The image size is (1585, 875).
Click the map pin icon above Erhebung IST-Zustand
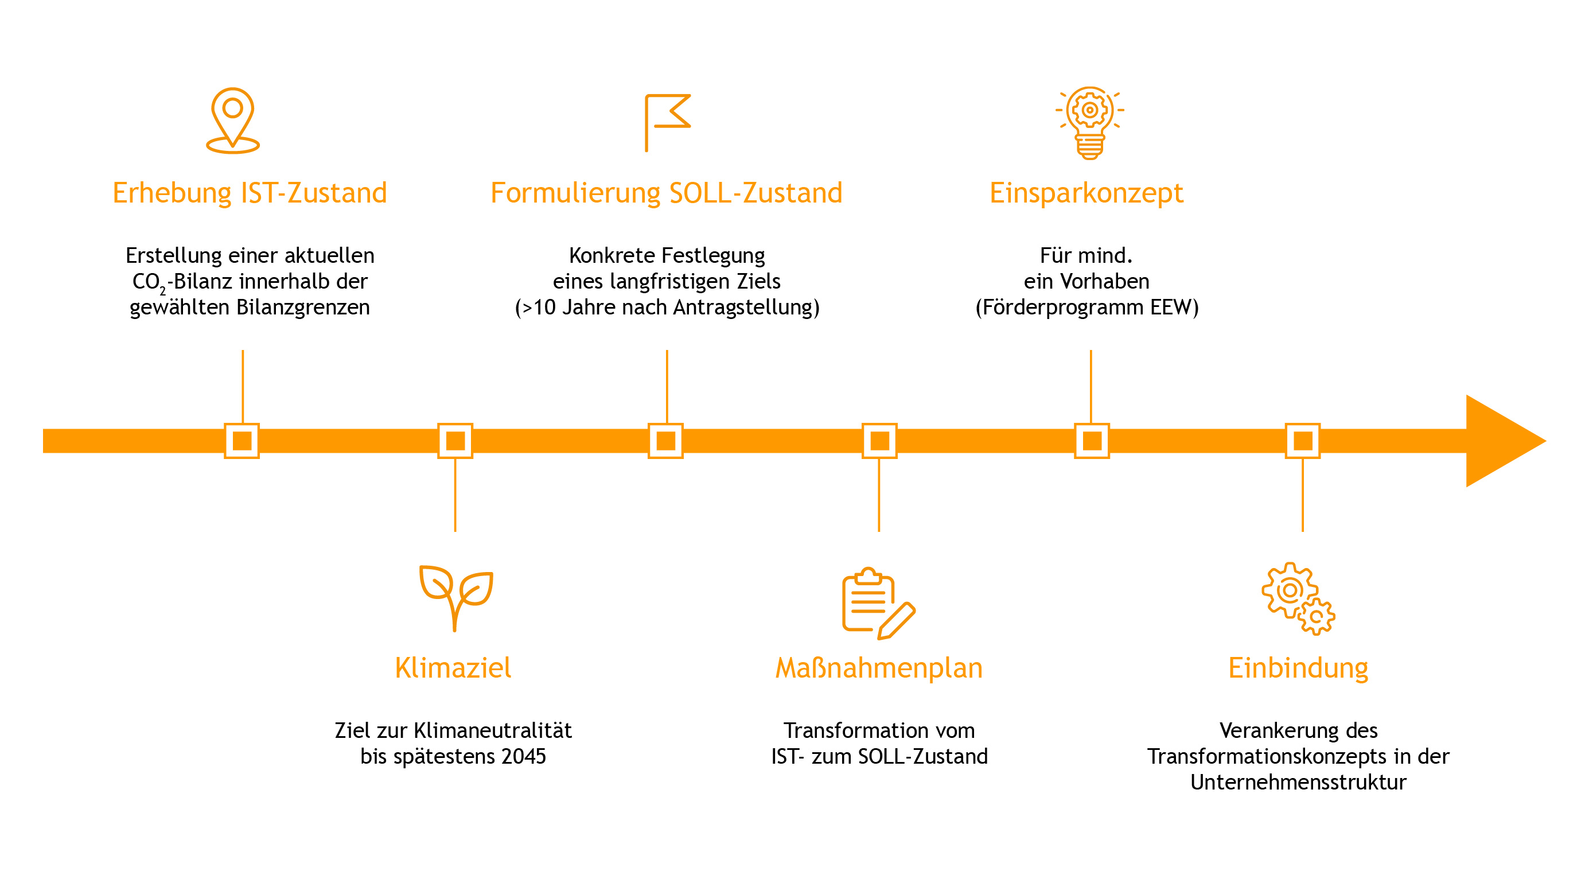(232, 120)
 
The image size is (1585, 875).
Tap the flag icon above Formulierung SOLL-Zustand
(668, 122)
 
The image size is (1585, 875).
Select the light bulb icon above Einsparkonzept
(1090, 122)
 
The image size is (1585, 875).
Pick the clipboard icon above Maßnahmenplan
(879, 603)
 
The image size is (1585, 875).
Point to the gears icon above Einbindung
(1298, 598)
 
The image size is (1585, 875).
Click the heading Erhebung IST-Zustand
(250, 193)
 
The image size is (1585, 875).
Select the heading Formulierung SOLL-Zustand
(667, 193)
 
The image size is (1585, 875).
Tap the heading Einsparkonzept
(1086, 194)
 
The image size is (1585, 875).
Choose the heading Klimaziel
(453, 668)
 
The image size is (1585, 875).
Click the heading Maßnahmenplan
(879, 669)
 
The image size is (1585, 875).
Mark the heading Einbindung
(1298, 669)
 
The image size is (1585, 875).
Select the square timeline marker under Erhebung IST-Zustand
(242, 441)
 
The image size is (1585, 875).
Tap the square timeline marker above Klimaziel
(455, 441)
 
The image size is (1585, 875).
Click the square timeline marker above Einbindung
(1303, 441)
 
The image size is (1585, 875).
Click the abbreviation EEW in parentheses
(1171, 307)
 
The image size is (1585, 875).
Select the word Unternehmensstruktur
(1298, 782)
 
